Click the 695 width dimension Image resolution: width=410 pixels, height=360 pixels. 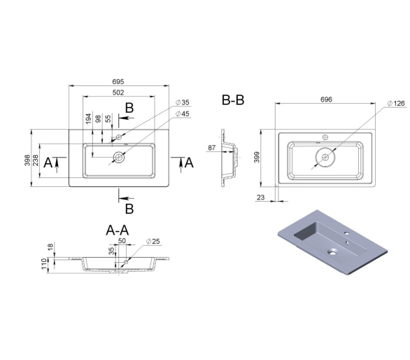tap(118, 82)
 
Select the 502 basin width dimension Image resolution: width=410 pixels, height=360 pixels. tap(118, 92)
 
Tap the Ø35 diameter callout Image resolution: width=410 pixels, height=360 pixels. tap(182, 102)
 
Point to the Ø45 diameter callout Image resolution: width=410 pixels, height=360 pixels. tap(182, 113)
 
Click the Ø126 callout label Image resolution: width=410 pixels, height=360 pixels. tap(396, 104)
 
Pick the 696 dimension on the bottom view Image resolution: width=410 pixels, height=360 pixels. tap(326, 99)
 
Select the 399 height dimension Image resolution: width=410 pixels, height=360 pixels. tap(257, 157)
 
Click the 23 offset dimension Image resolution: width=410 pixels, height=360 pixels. tap(261, 198)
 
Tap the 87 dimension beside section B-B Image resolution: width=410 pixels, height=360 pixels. tap(212, 148)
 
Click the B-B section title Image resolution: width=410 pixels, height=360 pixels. tap(233, 100)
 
